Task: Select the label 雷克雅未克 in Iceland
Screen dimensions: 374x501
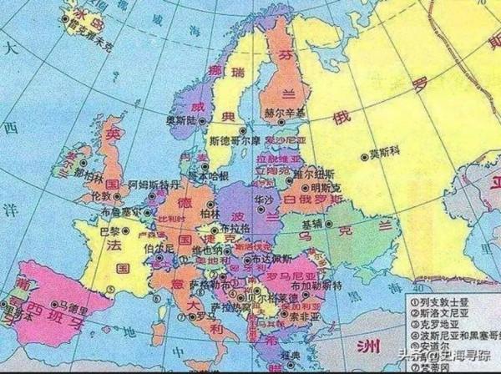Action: (89, 38)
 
